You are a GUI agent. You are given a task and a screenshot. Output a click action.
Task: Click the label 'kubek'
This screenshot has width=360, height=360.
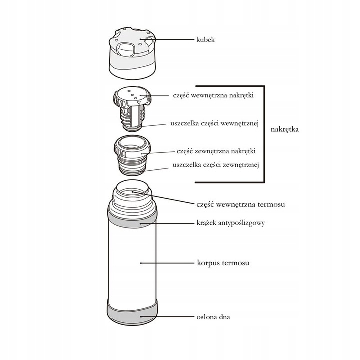(205, 39)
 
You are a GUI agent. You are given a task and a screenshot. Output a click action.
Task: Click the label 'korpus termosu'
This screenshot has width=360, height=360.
(223, 262)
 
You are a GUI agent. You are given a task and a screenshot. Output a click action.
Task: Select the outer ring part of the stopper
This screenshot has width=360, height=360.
(132, 148)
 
